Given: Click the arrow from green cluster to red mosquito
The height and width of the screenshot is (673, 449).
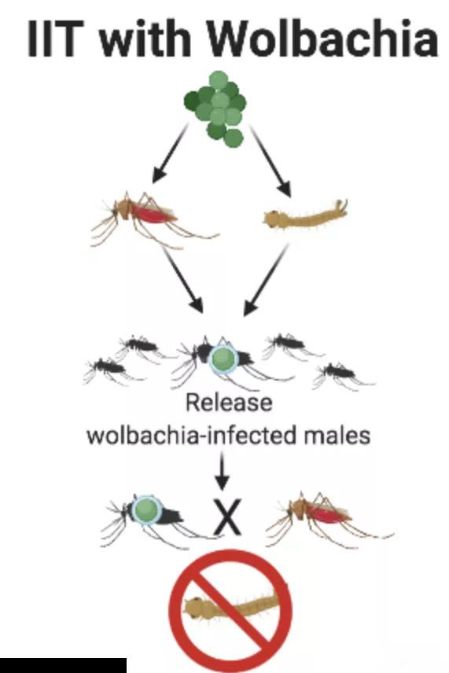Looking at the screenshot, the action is point(170,153).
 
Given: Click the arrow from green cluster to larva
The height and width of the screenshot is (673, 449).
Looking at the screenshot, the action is point(271,160).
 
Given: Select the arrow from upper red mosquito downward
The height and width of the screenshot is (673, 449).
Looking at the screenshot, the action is point(183,279).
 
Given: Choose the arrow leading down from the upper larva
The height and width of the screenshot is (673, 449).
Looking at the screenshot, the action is point(266,279).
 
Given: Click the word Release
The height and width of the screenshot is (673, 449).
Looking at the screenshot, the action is point(229,403).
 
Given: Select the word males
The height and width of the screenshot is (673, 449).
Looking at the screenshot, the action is point(337,436).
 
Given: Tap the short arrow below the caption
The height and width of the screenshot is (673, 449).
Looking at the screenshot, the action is point(222,470).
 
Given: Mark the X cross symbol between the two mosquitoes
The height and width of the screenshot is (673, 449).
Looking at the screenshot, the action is point(227,517).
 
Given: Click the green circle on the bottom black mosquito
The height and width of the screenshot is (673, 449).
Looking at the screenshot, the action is point(146,509).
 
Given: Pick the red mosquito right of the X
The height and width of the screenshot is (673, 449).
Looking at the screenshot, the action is point(329,520).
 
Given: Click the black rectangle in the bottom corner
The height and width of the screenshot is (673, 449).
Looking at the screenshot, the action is point(63,665).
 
